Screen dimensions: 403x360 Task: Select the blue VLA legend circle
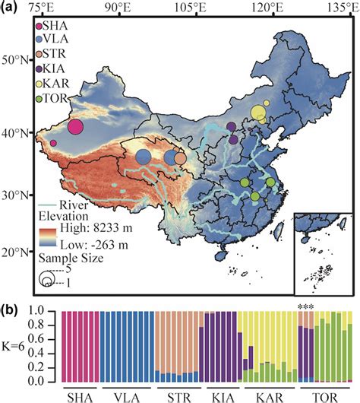(x=38, y=40)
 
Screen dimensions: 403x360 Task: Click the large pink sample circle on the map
(x=76, y=126)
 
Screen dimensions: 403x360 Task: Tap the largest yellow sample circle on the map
(x=259, y=113)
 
